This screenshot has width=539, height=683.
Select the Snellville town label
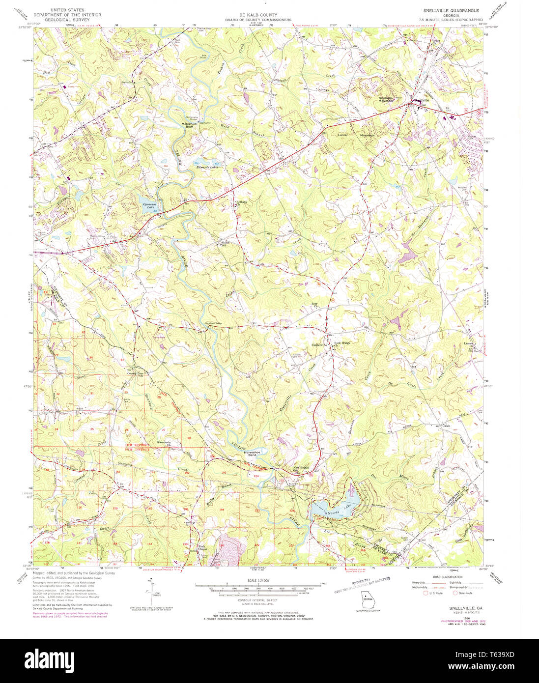(x=421, y=100)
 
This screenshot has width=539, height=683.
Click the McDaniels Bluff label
(x=189, y=125)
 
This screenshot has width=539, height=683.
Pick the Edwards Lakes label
(x=206, y=167)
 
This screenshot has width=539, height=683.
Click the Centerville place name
(x=319, y=345)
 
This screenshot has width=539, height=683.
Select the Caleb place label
(x=446, y=426)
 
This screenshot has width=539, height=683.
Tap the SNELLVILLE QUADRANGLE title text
(x=451, y=10)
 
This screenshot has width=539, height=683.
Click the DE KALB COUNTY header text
(x=258, y=15)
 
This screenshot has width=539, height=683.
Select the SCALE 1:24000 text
(x=257, y=580)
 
